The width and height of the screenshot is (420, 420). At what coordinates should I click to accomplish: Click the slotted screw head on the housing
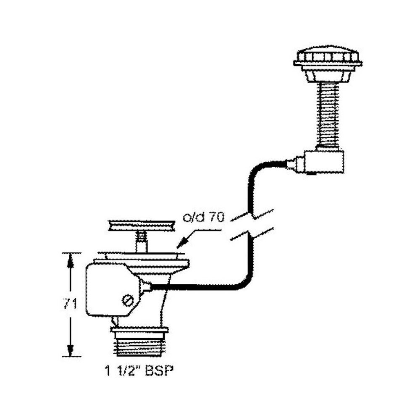click(128, 300)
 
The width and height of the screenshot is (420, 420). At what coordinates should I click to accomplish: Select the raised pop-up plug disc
click(142, 225)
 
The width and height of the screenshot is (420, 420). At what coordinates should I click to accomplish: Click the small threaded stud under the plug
click(142, 243)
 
